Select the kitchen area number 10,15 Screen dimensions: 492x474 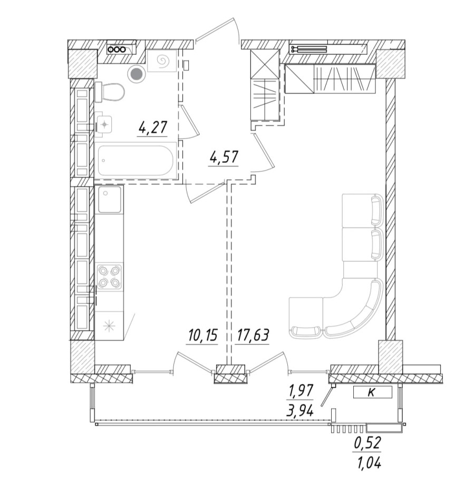(x=202, y=335)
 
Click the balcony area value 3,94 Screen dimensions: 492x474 (x=299, y=409)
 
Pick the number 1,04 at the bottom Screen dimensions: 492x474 (x=367, y=463)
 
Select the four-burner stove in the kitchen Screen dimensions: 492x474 (x=109, y=276)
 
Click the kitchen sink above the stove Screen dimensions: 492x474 (x=109, y=199)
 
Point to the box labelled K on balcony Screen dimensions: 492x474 (x=372, y=391)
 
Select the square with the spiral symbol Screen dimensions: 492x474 (x=162, y=62)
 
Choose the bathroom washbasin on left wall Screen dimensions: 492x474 (x=105, y=124)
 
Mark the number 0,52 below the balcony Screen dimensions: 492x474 (x=367, y=444)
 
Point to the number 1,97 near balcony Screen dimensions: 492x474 (x=301, y=391)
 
